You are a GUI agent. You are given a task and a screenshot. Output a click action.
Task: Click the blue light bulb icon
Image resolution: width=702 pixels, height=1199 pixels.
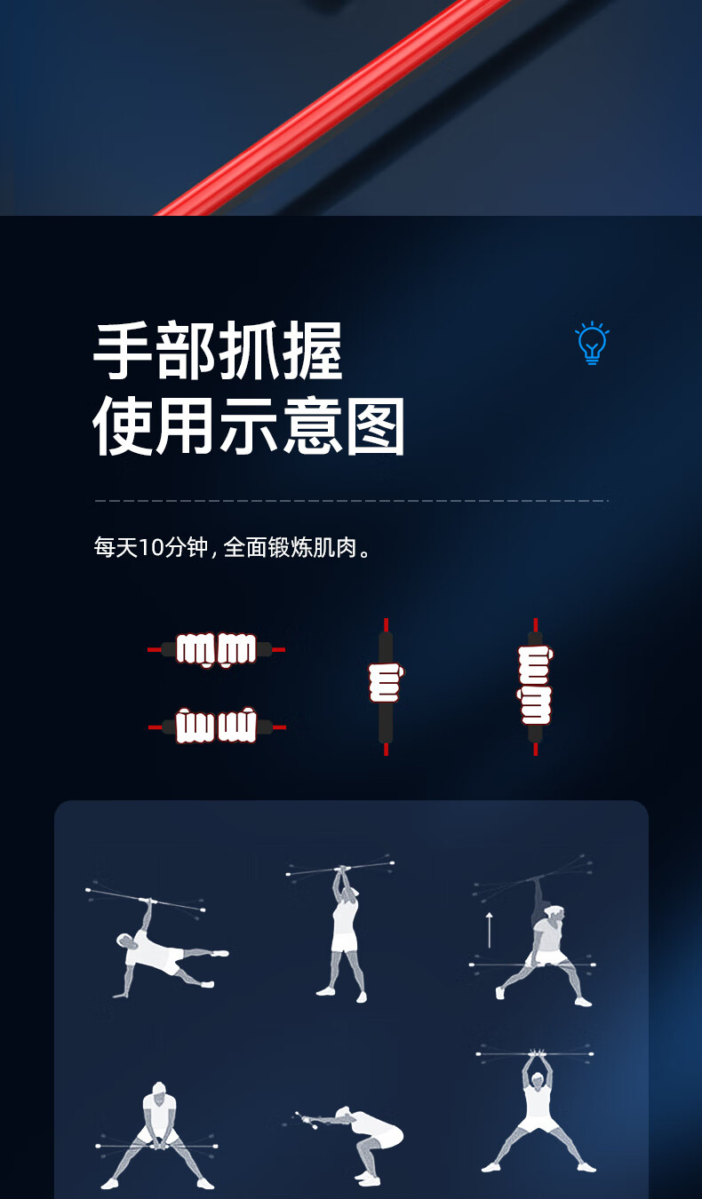coord(592,343)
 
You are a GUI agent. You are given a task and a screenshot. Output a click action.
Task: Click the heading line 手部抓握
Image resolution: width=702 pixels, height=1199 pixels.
coord(218,351)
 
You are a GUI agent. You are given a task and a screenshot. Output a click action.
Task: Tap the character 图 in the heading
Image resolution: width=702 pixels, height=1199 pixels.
coord(375,426)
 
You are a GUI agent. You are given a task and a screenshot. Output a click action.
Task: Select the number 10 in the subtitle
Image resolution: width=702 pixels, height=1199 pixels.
coord(151,548)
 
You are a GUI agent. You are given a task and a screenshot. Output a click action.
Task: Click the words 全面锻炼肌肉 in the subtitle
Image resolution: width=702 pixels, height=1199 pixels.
coord(290,548)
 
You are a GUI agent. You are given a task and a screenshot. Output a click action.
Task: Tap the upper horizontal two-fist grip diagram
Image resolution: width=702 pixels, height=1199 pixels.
coord(216,650)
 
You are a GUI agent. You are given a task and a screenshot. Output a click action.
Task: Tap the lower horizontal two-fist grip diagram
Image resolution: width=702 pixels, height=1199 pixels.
coord(216,727)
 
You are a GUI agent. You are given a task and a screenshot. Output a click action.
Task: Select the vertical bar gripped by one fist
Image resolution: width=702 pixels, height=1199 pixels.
coord(386,687)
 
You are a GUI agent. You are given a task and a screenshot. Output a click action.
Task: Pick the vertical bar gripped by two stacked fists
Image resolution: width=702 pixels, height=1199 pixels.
coord(536,687)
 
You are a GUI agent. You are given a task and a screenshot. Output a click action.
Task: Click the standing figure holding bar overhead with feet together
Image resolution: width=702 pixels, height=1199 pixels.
coord(343,932)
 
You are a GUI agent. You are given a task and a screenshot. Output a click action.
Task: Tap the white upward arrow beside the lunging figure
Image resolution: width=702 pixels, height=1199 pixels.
coord(489,930)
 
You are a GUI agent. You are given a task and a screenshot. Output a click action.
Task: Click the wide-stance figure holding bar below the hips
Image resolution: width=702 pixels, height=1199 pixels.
coord(157,1136)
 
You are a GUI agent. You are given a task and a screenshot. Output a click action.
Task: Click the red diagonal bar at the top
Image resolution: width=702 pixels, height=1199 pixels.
coord(332,107)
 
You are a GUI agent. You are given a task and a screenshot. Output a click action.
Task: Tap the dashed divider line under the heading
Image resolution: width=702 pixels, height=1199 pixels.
coord(351,501)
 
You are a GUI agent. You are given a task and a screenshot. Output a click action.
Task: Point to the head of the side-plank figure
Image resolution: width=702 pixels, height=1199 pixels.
coord(126,941)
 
